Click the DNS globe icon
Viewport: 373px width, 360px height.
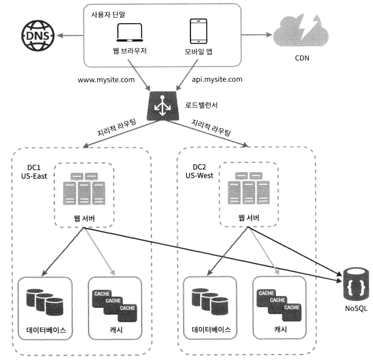tap(38, 35)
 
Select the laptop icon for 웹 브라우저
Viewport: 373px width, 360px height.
tap(129, 32)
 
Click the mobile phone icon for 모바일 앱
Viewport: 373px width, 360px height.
tap(198, 31)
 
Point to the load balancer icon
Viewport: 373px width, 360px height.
tap(163, 106)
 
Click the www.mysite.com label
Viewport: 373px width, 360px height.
tap(106, 80)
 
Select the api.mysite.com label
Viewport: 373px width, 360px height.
tap(217, 79)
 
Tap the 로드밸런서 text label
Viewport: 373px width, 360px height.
tap(201, 105)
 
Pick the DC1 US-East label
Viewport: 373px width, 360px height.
tap(34, 171)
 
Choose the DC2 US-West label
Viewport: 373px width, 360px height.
tap(200, 171)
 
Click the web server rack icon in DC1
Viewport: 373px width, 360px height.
tap(84, 189)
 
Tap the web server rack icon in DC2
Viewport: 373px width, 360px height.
tap(248, 188)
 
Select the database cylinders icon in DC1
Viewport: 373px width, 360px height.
tap(45, 302)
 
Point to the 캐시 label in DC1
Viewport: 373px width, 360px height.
tap(116, 330)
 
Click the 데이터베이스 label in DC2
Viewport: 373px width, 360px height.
tap(211, 329)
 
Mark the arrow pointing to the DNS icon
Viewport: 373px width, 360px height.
tap(70, 35)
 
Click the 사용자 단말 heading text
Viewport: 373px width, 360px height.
tap(108, 15)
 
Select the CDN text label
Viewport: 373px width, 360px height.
tap(302, 58)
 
